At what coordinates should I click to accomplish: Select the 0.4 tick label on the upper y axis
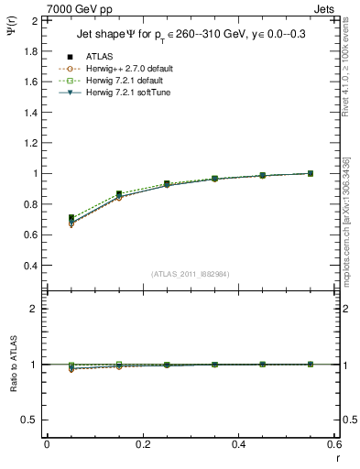30,266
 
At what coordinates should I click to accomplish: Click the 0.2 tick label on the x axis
143,444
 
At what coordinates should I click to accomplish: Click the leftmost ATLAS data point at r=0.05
71,218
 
